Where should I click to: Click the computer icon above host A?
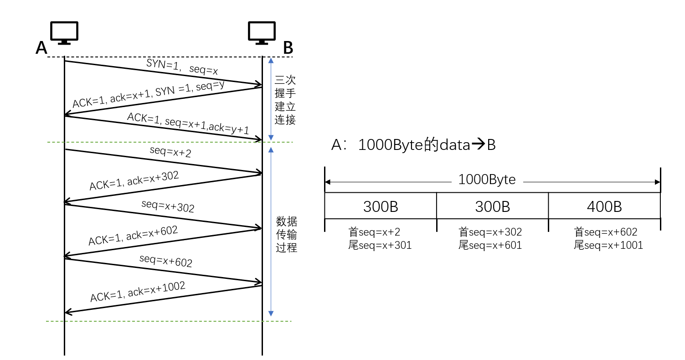(64, 32)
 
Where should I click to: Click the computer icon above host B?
(262, 32)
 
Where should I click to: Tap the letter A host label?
(41, 48)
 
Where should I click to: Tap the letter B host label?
(288, 48)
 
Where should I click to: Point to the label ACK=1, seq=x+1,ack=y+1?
(188, 123)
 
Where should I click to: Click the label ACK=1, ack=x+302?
(134, 180)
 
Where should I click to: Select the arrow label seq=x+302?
(168, 206)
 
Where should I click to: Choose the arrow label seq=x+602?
(166, 261)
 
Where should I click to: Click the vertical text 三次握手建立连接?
(285, 100)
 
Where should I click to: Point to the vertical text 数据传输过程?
(287, 235)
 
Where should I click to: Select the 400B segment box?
(604, 206)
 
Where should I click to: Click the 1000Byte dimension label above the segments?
(487, 180)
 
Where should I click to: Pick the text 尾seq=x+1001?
(608, 246)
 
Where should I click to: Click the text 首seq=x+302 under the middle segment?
(490, 232)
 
